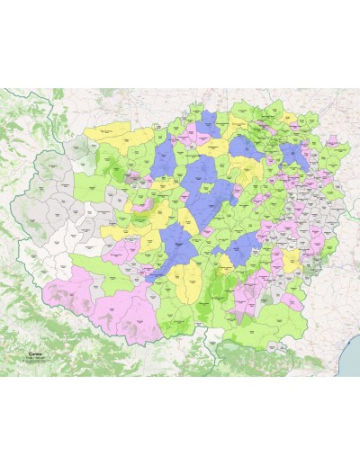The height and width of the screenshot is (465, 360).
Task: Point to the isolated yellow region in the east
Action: pos(292,260)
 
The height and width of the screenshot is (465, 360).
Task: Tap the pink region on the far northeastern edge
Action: pos(340,148)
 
